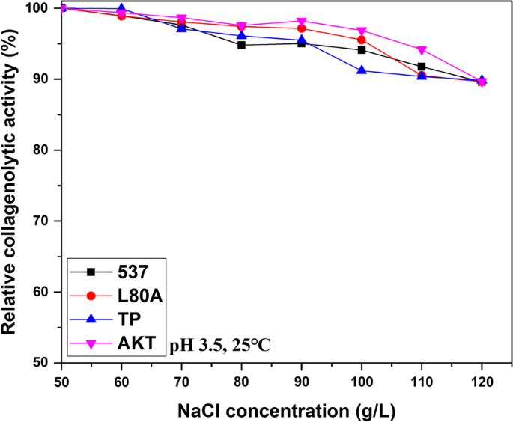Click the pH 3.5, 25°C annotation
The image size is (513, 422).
[x=220, y=345]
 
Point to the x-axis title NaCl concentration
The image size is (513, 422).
[x=271, y=409]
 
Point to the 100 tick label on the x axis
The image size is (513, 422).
[x=362, y=379]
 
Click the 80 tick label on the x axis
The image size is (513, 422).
[x=241, y=379]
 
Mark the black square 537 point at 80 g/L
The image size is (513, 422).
[x=241, y=45]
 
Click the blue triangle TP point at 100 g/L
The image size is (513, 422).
[x=362, y=70]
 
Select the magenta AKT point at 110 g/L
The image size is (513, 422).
[x=422, y=50]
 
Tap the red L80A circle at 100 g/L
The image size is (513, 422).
[x=362, y=40]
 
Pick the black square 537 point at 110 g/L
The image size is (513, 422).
[x=422, y=67]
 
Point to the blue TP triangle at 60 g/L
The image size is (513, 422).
[x=121, y=9]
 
